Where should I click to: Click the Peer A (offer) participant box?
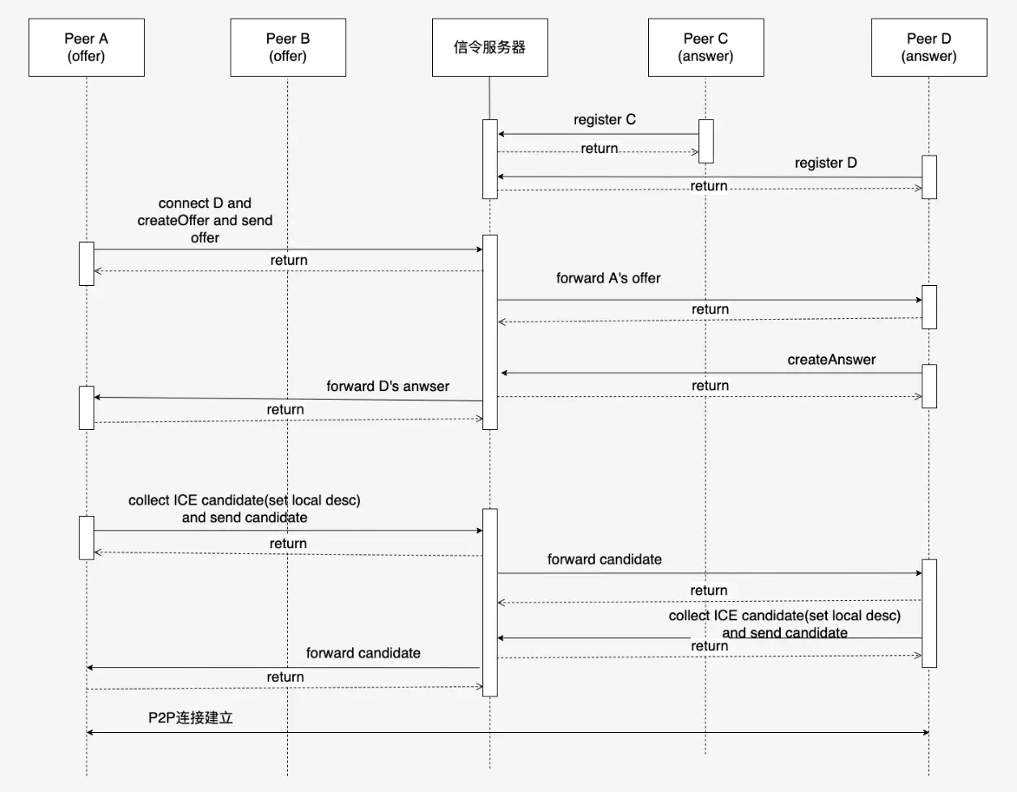pos(87,48)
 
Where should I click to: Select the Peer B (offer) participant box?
pos(288,48)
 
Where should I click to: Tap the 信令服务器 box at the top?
pos(489,48)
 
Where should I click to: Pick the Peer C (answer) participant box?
pos(706,48)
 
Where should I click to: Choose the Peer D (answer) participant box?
pos(929,48)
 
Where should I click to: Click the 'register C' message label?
pos(604,120)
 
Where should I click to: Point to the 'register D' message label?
pos(825,163)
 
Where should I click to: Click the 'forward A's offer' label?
pos(608,279)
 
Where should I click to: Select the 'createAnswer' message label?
pos(831,360)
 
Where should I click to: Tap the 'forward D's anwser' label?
pos(388,386)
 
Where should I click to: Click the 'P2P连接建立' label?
pos(191,717)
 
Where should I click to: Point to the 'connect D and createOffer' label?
pos(205,220)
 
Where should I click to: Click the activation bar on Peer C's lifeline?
pos(706,141)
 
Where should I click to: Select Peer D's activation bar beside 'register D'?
pos(929,177)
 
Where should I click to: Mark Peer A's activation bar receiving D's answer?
pos(87,407)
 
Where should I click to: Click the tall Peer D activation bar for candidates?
pos(929,613)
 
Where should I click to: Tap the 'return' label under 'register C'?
pos(599,149)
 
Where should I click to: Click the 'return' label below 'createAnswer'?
pos(710,385)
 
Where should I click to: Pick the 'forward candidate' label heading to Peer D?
pos(604,560)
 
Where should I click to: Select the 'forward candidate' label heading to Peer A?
pos(363,653)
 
